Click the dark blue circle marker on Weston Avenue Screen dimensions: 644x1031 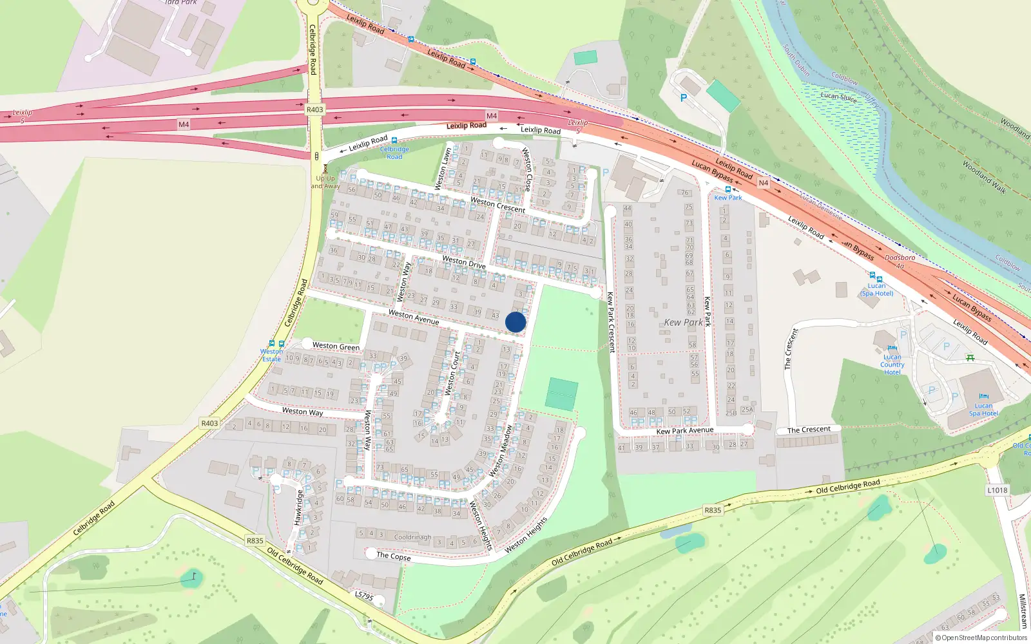click(x=515, y=322)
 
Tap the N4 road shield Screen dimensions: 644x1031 click(x=763, y=183)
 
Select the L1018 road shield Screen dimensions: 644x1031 click(x=997, y=490)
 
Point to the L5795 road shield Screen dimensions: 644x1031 click(x=364, y=596)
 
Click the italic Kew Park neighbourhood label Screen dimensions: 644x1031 click(x=683, y=322)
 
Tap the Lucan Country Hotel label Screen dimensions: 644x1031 click(x=892, y=365)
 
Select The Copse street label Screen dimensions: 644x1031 click(x=393, y=556)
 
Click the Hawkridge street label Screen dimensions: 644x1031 click(x=298, y=507)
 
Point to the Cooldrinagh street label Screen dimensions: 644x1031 click(x=412, y=536)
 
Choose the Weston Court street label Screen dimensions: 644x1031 click(x=452, y=374)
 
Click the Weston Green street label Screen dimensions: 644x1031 click(x=336, y=346)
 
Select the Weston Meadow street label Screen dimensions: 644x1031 click(x=501, y=450)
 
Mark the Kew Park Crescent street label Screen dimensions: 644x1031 click(x=611, y=322)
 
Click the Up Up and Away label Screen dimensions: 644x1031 click(x=326, y=182)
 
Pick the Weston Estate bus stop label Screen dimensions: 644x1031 click(x=271, y=355)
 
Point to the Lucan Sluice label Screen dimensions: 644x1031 click(x=838, y=97)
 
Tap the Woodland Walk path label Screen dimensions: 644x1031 click(x=983, y=176)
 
